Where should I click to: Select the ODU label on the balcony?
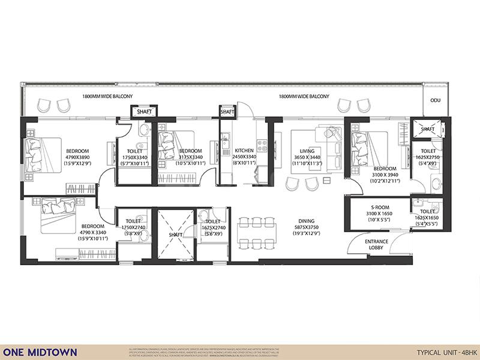[x=435, y=101]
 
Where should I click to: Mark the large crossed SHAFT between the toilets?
[x=176, y=234]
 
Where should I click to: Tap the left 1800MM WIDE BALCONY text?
[x=107, y=96]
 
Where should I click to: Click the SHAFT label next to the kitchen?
[x=227, y=112]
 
